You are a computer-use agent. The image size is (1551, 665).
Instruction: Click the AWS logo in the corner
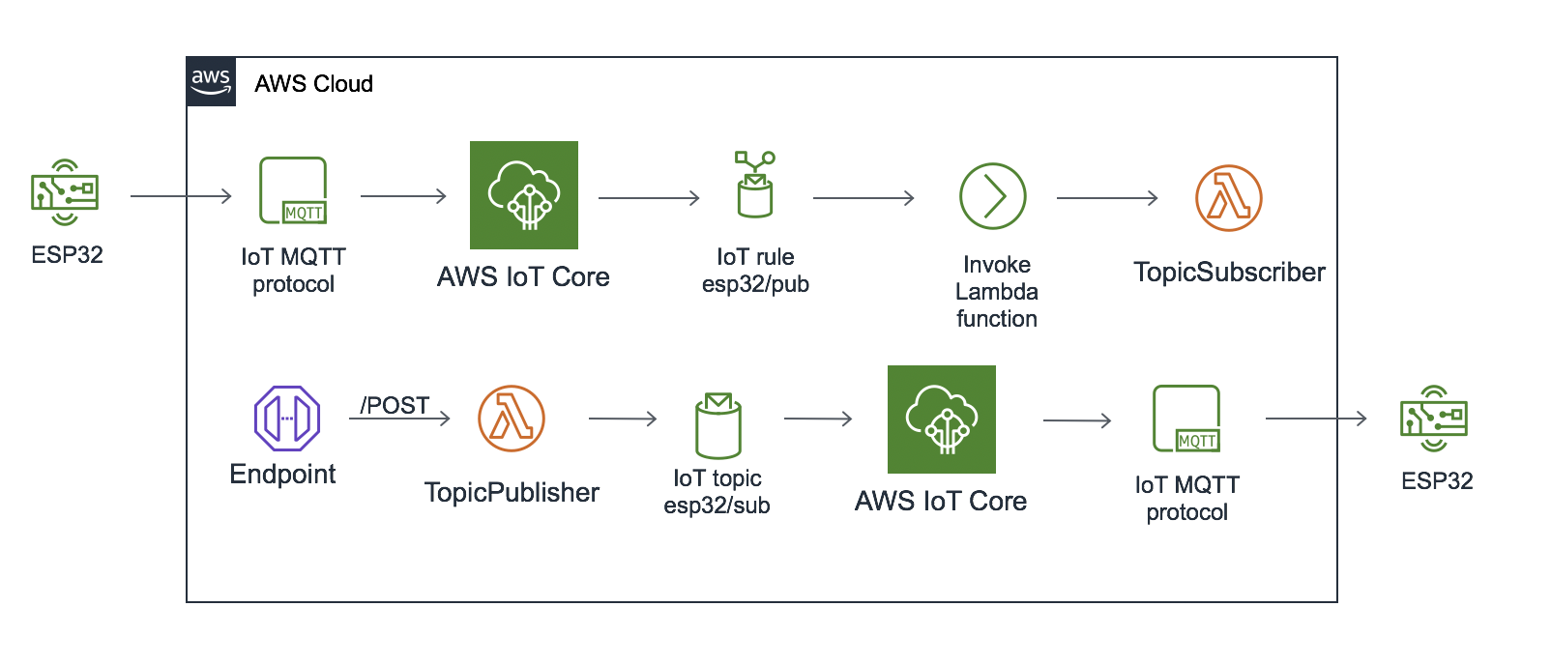(211, 82)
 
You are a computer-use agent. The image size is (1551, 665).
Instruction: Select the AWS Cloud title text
(313, 84)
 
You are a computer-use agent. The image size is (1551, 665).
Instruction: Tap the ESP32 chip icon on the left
(65, 192)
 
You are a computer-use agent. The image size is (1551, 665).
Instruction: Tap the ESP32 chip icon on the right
(1434, 419)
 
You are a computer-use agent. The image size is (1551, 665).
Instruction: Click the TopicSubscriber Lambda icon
(1228, 198)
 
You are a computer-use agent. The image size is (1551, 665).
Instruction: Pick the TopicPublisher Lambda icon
(512, 419)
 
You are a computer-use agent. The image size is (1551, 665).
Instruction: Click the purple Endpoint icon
(286, 419)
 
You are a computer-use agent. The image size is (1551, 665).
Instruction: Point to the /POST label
(395, 405)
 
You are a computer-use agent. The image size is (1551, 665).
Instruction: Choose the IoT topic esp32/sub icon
(717, 425)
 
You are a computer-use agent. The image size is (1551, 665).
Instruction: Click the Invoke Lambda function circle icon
(993, 196)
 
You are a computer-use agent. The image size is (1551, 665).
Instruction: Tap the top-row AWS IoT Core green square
(524, 195)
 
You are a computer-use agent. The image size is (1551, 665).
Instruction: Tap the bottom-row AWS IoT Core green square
(942, 419)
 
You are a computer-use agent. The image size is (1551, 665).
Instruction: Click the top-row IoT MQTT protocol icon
(293, 191)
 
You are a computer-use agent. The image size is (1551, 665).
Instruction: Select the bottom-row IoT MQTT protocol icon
(1186, 419)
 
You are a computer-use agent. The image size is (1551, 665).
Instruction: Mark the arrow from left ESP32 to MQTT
(182, 196)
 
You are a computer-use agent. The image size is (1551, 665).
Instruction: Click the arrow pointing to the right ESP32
(1316, 419)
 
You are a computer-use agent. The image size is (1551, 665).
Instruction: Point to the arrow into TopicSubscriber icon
(1107, 198)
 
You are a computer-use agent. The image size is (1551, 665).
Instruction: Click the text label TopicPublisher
(512, 493)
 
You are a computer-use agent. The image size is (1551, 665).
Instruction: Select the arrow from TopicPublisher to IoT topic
(623, 419)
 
